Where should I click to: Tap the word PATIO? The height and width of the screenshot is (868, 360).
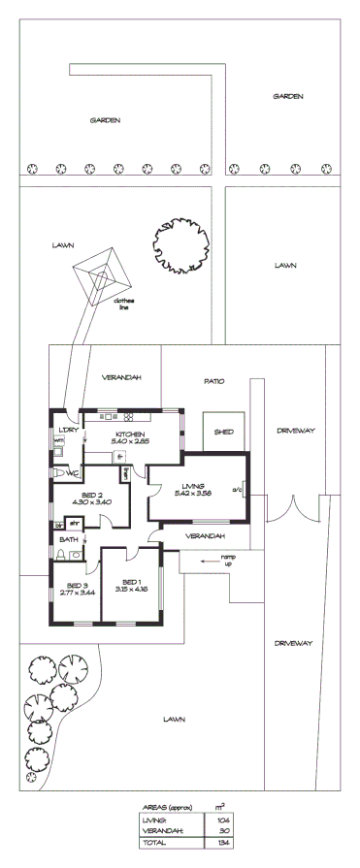[x=213, y=381]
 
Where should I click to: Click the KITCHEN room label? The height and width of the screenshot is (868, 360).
[x=130, y=434]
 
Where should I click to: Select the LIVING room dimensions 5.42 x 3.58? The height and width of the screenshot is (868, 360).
[x=188, y=494]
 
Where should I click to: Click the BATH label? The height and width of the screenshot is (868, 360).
[x=68, y=539]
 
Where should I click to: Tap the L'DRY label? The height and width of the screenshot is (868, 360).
[x=68, y=429]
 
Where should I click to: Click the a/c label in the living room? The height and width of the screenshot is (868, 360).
[x=236, y=490]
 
